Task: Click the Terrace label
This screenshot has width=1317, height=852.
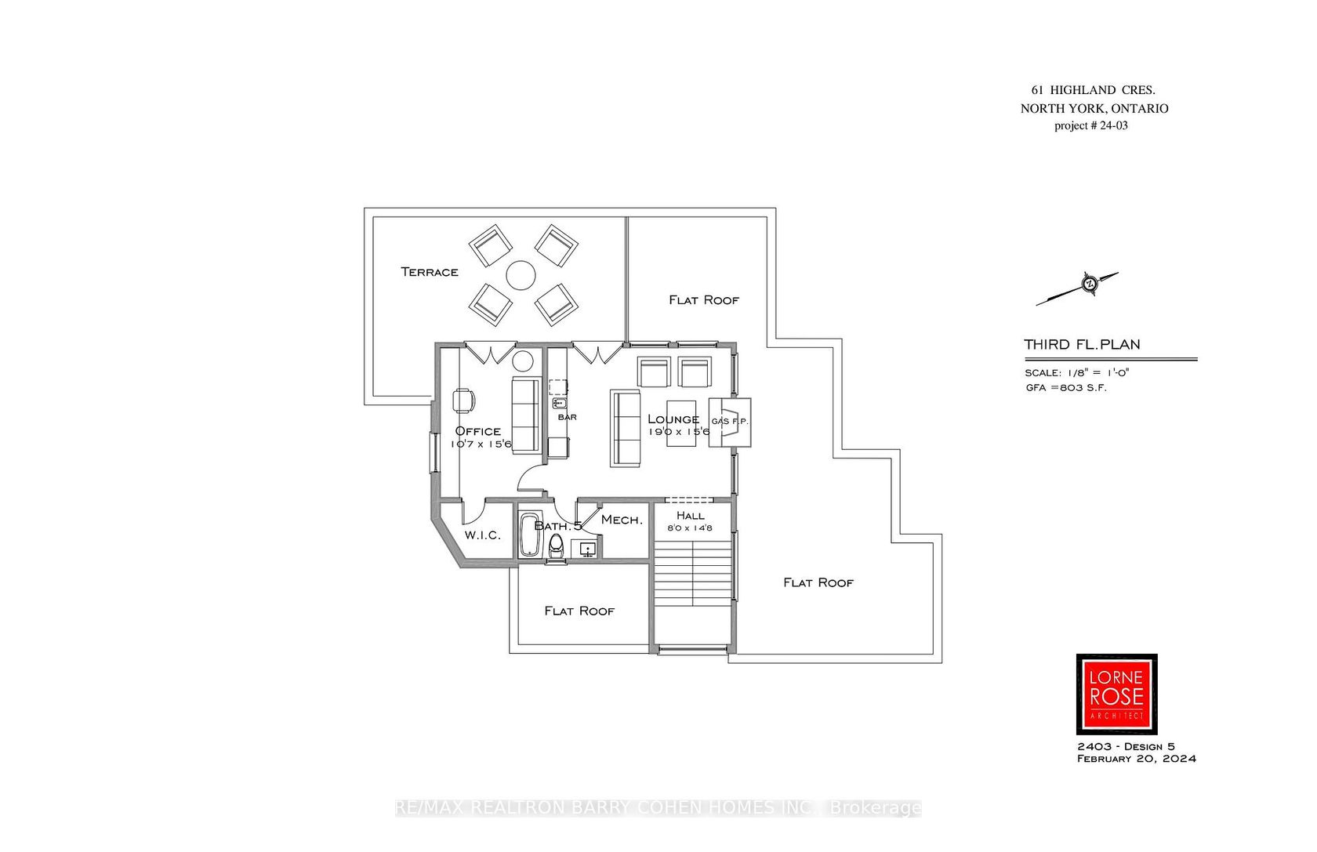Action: pos(430,272)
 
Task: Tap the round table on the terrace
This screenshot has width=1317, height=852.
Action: pos(521,275)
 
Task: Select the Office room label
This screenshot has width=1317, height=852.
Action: pos(477,431)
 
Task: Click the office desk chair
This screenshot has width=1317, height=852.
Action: pos(463,401)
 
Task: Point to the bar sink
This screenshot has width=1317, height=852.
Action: pos(559,404)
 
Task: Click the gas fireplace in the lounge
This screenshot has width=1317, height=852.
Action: pos(730,422)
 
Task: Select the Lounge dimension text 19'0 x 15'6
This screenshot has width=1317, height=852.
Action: pos(679,432)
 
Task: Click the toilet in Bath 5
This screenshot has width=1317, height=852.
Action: pos(556,546)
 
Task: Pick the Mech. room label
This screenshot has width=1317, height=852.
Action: pos(622,520)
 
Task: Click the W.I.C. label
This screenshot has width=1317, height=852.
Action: pos(482,535)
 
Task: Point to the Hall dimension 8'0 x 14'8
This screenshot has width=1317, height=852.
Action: pos(690,528)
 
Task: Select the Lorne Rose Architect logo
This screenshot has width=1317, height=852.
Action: pos(1116,694)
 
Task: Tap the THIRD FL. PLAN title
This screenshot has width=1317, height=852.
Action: pos(1082,345)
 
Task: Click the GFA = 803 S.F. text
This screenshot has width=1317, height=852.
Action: pos(1066,388)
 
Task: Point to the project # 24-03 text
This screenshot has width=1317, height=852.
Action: pos(1091,125)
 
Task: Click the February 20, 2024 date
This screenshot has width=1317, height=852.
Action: pos(1136,759)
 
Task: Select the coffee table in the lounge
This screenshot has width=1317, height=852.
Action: pos(681,423)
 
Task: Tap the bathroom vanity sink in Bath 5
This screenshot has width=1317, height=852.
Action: pos(588,549)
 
